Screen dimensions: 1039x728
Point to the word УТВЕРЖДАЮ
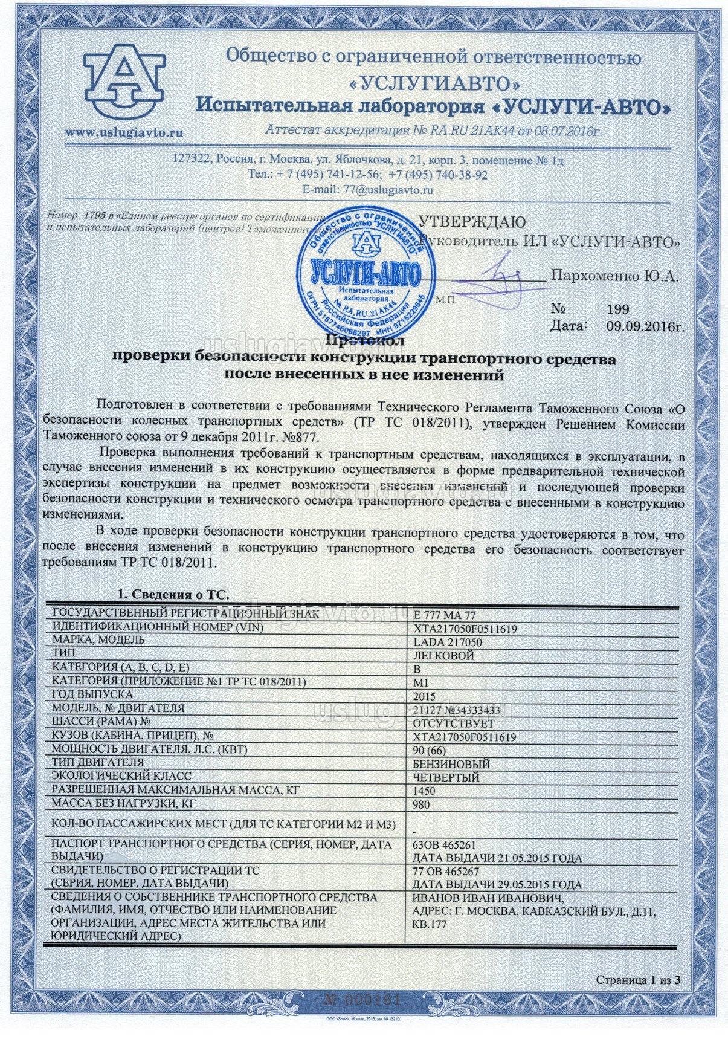coord(472,222)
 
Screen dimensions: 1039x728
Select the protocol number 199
coord(617,310)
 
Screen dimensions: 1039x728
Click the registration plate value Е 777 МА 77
coord(442,615)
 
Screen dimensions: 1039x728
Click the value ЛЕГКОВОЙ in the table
coord(443,656)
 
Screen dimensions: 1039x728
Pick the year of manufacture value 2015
coord(424,696)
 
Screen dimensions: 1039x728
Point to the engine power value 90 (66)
coord(431,750)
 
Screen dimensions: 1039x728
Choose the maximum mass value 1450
coord(424,791)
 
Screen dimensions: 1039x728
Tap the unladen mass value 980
coord(422,804)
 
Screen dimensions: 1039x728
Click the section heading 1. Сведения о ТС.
coord(173,594)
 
